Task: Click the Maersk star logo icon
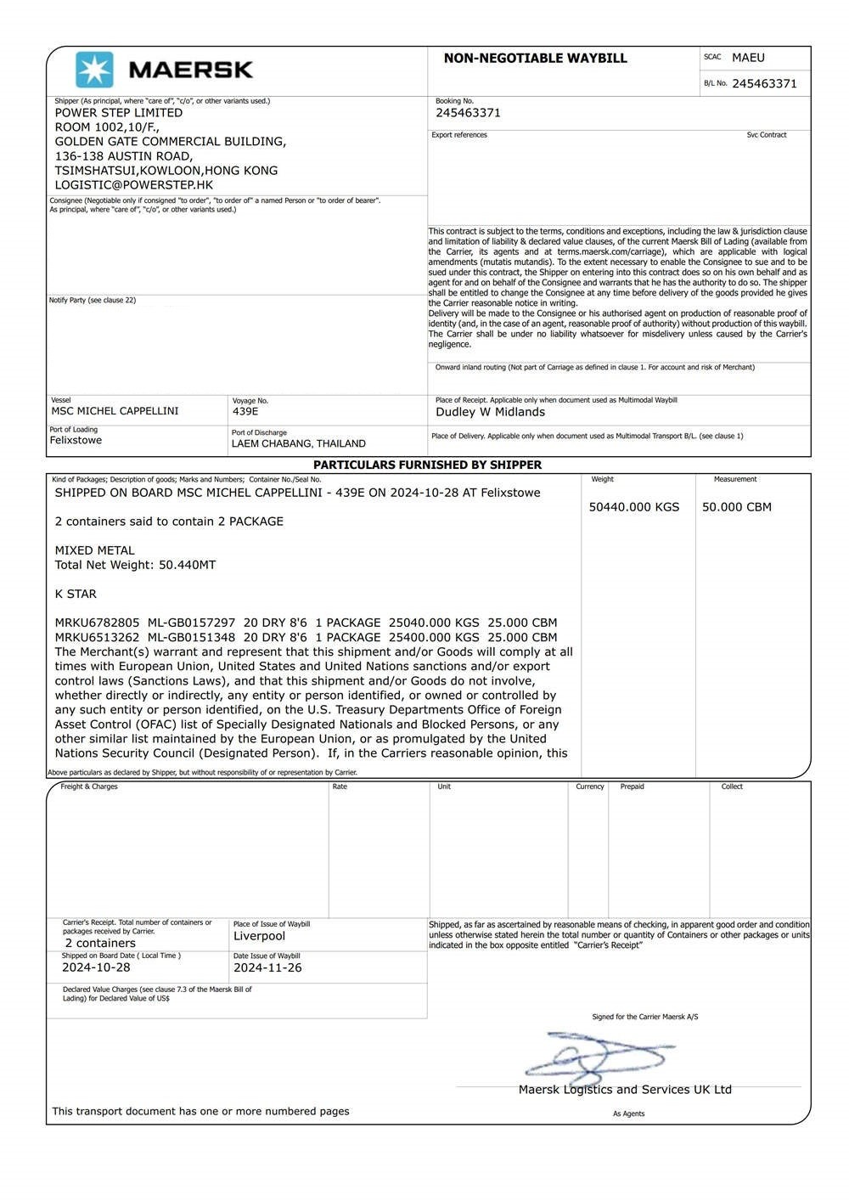pyautogui.click(x=94, y=70)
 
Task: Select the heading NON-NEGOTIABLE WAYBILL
pyautogui.click(x=535, y=59)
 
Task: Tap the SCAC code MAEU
pyautogui.click(x=748, y=58)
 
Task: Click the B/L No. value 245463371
pyautogui.click(x=764, y=83)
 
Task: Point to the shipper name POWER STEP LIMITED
pyautogui.click(x=119, y=112)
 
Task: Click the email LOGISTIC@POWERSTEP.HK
pyautogui.click(x=134, y=184)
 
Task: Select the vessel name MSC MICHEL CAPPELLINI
pyautogui.click(x=115, y=411)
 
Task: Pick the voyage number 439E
pyautogui.click(x=245, y=411)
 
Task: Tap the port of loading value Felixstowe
pyautogui.click(x=76, y=440)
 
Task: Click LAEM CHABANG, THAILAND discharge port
pyautogui.click(x=299, y=443)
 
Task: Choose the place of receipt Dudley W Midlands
pyautogui.click(x=490, y=412)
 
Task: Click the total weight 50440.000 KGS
pyautogui.click(x=634, y=507)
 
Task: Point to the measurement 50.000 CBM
pyautogui.click(x=737, y=507)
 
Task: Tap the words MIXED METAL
pyautogui.click(x=95, y=550)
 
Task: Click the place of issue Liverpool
pyautogui.click(x=259, y=936)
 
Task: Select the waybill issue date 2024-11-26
pyautogui.click(x=267, y=967)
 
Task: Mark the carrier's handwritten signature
pyautogui.click(x=599, y=1056)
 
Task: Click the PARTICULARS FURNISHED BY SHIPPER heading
pyautogui.click(x=427, y=465)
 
